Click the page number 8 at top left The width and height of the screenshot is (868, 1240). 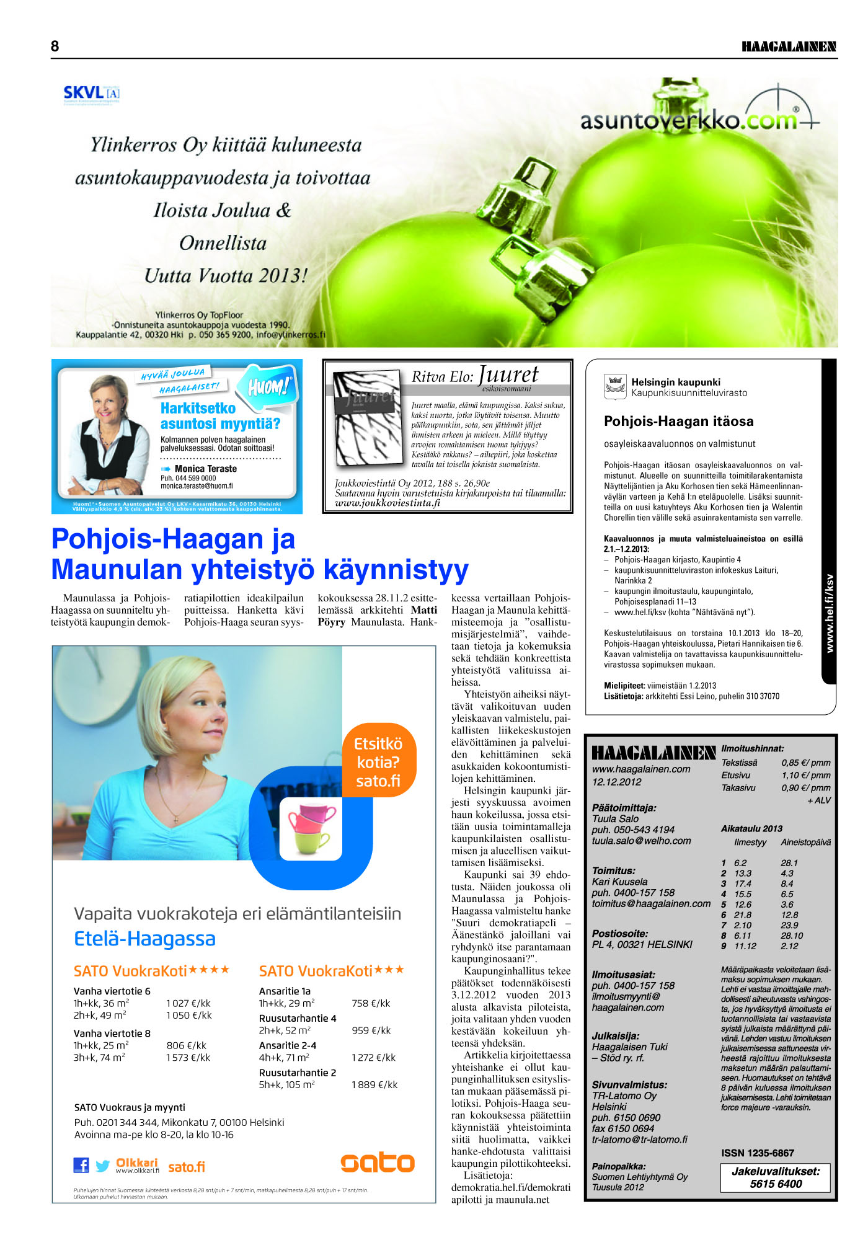click(x=55, y=46)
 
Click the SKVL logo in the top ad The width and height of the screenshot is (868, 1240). click(x=91, y=94)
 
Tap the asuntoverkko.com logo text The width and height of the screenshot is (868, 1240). click(x=688, y=119)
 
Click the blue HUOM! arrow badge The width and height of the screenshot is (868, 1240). click(x=268, y=387)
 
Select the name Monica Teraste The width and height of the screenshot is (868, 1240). click(x=205, y=469)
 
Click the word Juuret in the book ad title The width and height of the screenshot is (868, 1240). click(x=508, y=374)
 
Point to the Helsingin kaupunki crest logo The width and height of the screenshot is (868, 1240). click(x=615, y=387)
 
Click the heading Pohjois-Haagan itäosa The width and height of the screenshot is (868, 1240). click(x=679, y=422)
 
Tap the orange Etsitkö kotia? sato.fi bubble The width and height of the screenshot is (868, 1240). click(x=378, y=762)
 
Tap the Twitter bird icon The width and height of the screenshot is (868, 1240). click(x=103, y=1166)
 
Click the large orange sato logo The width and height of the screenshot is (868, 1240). click(x=377, y=1162)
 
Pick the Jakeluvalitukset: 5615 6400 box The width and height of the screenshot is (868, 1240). click(x=776, y=1177)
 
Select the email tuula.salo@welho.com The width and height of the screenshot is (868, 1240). click(x=641, y=841)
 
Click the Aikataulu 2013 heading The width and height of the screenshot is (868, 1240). click(x=751, y=828)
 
